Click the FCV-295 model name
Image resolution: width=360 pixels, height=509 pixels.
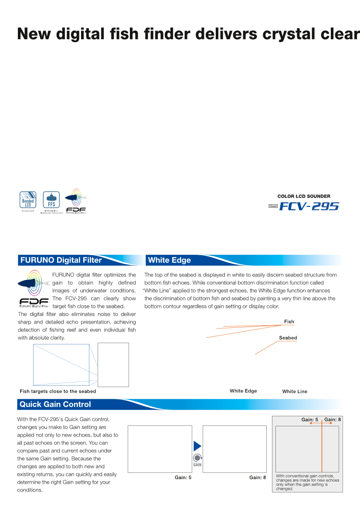309,206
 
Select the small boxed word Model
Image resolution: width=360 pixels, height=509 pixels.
273,206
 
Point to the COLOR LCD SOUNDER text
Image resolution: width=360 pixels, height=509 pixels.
304,196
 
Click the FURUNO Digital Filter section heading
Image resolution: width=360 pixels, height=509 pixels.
61,260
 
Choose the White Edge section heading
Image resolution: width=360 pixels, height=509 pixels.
170,260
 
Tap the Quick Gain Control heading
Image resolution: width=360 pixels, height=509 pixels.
55,405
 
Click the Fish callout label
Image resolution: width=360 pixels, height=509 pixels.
289,322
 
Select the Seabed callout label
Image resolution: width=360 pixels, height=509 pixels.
288,338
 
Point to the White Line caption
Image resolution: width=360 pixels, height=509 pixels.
295,391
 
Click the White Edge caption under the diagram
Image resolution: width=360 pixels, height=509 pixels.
243,391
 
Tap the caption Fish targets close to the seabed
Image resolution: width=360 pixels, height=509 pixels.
58,391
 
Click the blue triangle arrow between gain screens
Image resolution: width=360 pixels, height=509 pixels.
197,446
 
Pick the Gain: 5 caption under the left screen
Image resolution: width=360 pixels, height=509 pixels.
183,478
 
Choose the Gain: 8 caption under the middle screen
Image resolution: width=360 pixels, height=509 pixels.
258,478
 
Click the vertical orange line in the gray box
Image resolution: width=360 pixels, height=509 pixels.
322,448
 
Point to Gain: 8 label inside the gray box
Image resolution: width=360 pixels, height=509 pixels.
333,420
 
